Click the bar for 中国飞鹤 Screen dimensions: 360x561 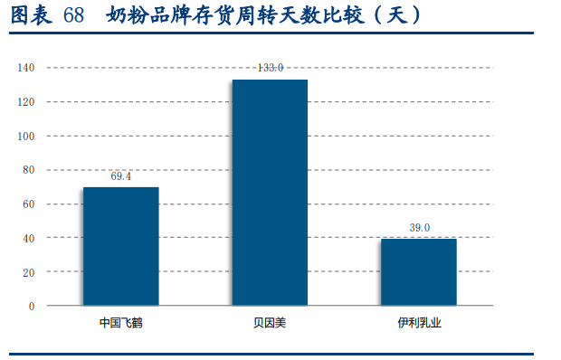120,246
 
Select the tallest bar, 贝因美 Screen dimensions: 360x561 270,192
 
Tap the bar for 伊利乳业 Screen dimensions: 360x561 418,271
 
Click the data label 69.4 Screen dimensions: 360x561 120,176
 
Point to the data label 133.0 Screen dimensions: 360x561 270,68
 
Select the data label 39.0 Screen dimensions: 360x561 419,228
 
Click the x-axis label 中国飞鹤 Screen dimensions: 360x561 120,322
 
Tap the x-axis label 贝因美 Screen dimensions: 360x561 270,322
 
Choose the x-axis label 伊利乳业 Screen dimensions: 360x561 419,322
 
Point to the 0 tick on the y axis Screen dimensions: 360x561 32,306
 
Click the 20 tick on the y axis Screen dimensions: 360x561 29,272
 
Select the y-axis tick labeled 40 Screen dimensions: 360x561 29,238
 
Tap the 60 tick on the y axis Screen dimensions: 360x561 29,204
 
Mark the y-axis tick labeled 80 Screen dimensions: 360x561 29,170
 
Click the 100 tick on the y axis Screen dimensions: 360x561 26,136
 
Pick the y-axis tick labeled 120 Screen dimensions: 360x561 26,102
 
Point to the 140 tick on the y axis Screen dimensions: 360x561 26,68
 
